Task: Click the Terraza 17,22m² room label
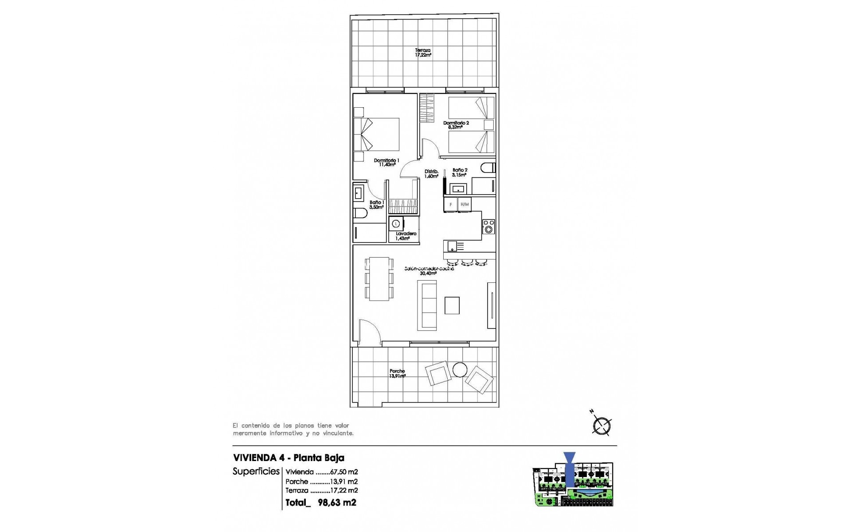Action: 423,53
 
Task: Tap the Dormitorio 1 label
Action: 386,163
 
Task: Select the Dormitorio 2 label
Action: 456,125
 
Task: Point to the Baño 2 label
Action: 460,172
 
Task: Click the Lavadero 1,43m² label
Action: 406,236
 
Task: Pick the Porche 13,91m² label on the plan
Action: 397,374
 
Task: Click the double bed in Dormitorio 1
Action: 377,134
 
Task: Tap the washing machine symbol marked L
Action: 397,223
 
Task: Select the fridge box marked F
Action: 451,204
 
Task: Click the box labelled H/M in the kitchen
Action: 465,204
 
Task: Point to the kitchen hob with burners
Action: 488,226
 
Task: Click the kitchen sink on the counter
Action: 453,246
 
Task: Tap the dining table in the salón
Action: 379,279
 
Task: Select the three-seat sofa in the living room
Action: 427,305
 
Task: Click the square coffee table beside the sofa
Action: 452,305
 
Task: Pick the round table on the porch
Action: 460,369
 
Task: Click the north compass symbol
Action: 601,426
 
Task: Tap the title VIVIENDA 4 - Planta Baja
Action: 289,458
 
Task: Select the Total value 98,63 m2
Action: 337,503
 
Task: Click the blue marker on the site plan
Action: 569,470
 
